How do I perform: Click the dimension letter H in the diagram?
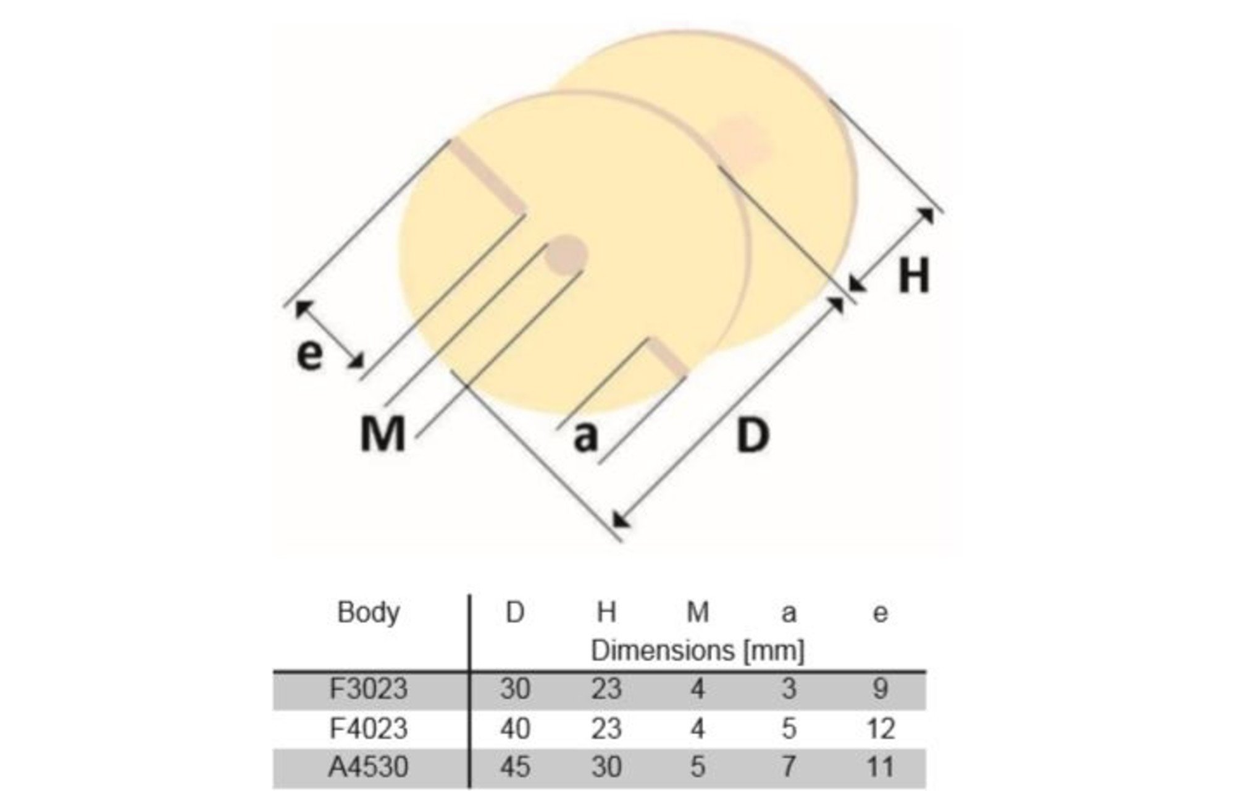(x=914, y=276)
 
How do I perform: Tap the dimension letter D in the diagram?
(x=753, y=435)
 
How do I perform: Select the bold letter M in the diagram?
(x=383, y=433)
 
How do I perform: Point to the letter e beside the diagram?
(x=309, y=355)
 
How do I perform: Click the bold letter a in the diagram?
(x=586, y=437)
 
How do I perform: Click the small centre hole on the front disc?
(x=564, y=255)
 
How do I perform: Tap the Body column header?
(x=369, y=612)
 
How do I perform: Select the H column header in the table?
(x=606, y=612)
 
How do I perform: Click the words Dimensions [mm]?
(x=698, y=651)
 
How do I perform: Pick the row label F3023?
(x=369, y=689)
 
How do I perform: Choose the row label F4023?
(x=369, y=729)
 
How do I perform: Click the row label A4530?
(x=369, y=767)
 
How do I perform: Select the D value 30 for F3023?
(x=515, y=689)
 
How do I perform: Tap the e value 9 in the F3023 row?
(x=881, y=689)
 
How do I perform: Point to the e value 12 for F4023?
(x=881, y=729)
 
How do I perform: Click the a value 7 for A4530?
(x=789, y=767)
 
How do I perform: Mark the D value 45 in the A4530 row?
(x=515, y=767)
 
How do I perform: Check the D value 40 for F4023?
(x=515, y=729)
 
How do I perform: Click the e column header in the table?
(x=881, y=614)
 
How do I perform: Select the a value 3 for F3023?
(x=789, y=689)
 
